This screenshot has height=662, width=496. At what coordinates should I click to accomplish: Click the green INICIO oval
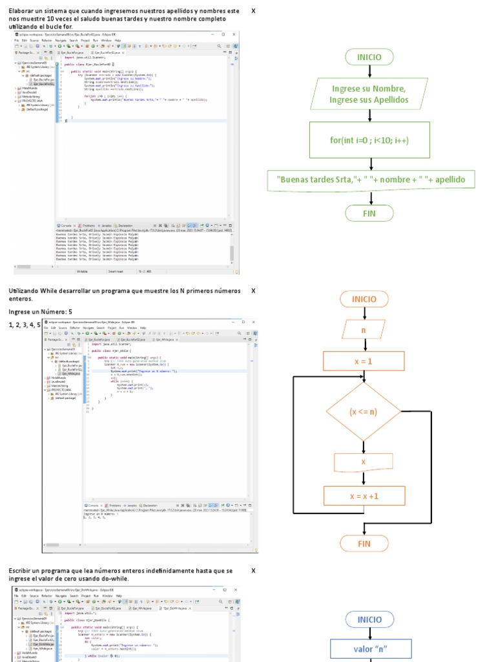369,57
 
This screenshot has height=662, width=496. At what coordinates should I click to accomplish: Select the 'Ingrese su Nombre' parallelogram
369,94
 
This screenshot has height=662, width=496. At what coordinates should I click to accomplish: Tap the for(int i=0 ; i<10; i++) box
369,140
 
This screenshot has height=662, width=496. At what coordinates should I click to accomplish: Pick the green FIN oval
369,213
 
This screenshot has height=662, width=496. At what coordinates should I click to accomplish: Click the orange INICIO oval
364,299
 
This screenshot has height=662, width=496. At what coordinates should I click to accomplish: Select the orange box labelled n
364,330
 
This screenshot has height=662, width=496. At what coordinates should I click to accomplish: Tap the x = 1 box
363,361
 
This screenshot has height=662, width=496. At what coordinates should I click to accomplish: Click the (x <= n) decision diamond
363,412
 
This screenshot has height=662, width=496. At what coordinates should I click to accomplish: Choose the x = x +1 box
364,496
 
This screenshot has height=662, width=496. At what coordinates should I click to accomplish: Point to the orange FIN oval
364,544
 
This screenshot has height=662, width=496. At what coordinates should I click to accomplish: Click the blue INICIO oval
370,619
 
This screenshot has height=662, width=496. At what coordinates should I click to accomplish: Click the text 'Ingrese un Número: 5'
45,312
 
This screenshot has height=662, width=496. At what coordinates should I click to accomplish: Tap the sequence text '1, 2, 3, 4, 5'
25,325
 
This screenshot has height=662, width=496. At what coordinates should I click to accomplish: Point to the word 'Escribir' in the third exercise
21,571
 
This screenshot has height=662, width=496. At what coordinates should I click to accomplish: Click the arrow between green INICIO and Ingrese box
369,72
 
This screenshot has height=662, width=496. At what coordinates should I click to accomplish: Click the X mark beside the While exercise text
253,291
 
